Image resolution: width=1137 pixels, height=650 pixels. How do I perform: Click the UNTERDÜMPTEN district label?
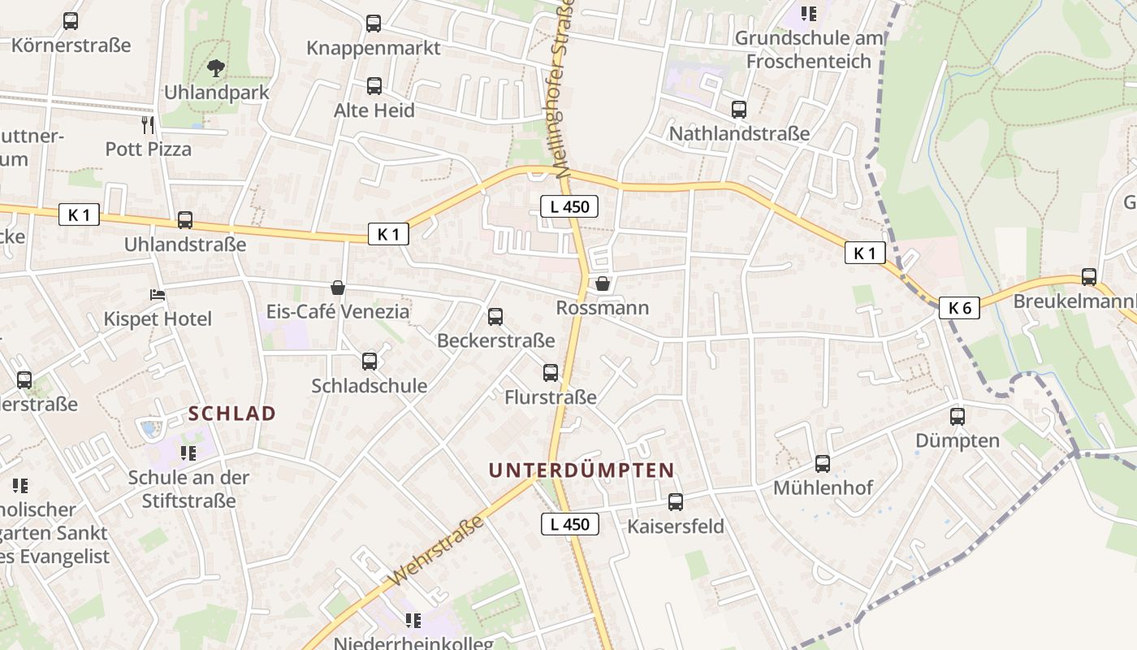[581, 470]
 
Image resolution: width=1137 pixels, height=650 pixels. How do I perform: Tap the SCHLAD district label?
[232, 413]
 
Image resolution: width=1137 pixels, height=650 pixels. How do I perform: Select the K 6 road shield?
[959, 308]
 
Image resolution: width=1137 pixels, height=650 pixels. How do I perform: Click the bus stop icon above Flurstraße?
[551, 373]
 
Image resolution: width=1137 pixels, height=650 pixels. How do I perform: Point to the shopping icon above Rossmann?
[603, 284]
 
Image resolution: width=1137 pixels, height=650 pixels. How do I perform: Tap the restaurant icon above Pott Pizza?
[148, 124]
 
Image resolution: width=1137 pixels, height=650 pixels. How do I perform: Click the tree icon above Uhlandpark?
[216, 68]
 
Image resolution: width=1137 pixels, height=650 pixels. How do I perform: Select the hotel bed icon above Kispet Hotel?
[158, 294]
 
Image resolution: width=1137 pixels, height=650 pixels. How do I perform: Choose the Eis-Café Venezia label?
[338, 311]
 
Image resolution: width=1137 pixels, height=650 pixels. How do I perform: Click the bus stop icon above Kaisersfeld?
[676, 502]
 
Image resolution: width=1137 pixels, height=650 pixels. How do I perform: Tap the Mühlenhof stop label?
[823, 487]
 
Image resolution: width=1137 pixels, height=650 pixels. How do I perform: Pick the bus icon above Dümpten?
[958, 417]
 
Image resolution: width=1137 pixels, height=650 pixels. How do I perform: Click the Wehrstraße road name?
[438, 550]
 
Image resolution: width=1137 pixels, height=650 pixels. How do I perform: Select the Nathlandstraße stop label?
[739, 133]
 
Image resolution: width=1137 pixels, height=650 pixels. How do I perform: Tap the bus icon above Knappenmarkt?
[374, 24]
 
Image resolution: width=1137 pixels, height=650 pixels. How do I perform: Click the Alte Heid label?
[374, 110]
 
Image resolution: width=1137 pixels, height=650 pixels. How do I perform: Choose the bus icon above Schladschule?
[370, 362]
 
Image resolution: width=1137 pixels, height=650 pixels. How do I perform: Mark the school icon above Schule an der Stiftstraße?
[188, 453]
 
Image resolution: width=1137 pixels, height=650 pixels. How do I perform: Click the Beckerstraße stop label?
[495, 340]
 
